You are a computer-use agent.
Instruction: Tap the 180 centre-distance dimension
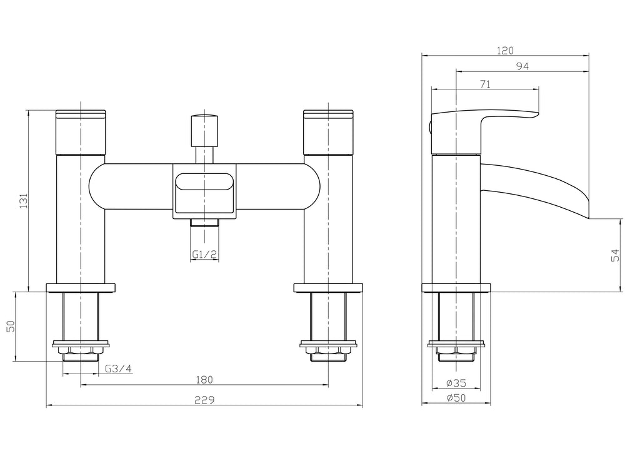204,379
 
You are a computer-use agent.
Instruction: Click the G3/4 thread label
118,369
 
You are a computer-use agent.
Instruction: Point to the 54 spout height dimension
615,255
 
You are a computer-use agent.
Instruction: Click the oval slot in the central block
204,183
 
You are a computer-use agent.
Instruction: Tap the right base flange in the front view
329,288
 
